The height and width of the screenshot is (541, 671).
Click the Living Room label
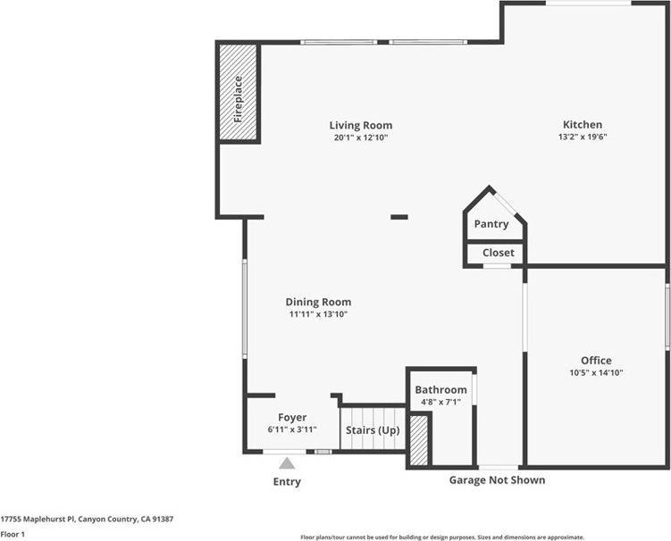(360, 125)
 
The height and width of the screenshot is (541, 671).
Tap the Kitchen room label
(582, 124)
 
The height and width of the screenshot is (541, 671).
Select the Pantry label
(491, 224)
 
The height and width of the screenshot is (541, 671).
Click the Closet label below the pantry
(498, 253)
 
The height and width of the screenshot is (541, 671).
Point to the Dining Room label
(318, 302)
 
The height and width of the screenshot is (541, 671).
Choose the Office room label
(596, 361)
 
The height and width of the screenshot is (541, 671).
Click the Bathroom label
(440, 390)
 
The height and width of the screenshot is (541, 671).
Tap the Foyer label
(292, 417)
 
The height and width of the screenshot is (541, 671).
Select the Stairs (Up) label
(372, 431)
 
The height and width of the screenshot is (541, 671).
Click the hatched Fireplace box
(239, 92)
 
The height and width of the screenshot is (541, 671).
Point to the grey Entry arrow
(287, 463)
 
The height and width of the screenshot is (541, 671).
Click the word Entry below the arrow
(287, 482)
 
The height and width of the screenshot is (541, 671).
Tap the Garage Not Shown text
(496, 480)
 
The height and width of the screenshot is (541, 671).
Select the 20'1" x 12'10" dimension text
(360, 137)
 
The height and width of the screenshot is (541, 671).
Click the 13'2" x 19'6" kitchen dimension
(582, 137)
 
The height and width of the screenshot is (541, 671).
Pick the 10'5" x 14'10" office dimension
(596, 373)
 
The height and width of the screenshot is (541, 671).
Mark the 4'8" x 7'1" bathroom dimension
(440, 403)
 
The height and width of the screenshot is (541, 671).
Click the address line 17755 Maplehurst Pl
(87, 519)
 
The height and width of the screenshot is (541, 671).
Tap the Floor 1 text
(13, 534)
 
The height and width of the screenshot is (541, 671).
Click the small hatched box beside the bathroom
(418, 440)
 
